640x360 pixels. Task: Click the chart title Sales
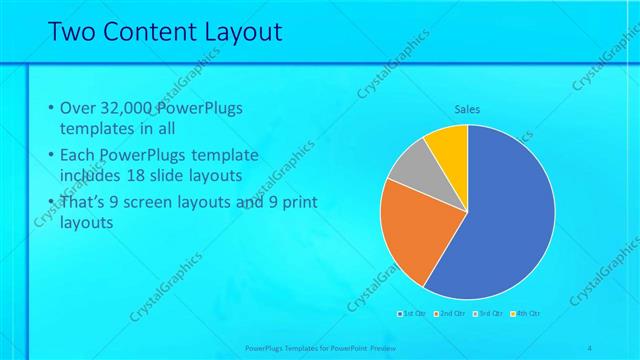tap(468, 109)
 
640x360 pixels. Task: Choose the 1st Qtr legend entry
tap(412, 314)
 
